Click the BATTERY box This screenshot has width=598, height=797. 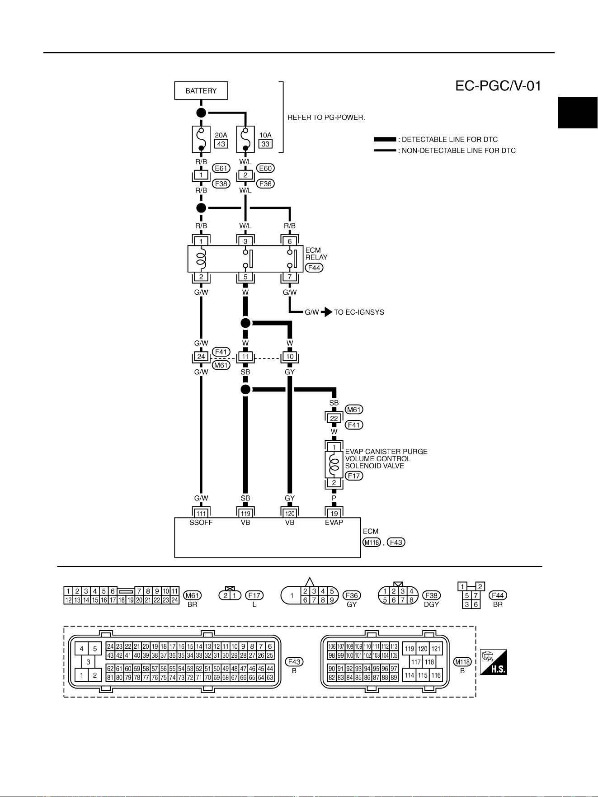[x=201, y=91]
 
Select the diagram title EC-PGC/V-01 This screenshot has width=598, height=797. [x=498, y=86]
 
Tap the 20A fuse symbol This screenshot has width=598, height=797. [x=201, y=140]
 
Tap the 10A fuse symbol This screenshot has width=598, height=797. [x=245, y=140]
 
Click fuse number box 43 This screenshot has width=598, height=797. [x=221, y=144]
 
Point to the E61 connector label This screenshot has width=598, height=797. [x=221, y=169]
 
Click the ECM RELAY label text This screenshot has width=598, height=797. [x=316, y=254]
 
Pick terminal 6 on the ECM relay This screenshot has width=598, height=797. [x=290, y=241]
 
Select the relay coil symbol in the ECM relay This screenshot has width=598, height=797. [x=201, y=259]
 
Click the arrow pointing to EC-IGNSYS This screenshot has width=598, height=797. [x=327, y=312]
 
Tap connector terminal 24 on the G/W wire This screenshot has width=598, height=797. [x=201, y=357]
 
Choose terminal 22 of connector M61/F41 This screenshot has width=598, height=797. [x=334, y=418]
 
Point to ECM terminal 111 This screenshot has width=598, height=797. [x=201, y=514]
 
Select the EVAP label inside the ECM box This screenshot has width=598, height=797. [x=334, y=523]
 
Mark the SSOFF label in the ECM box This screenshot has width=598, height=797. [x=201, y=523]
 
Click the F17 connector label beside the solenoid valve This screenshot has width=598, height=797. [x=354, y=476]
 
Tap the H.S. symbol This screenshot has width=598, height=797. [x=494, y=662]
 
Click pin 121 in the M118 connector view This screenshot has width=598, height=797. [x=436, y=649]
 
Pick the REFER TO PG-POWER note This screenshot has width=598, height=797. [x=326, y=118]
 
